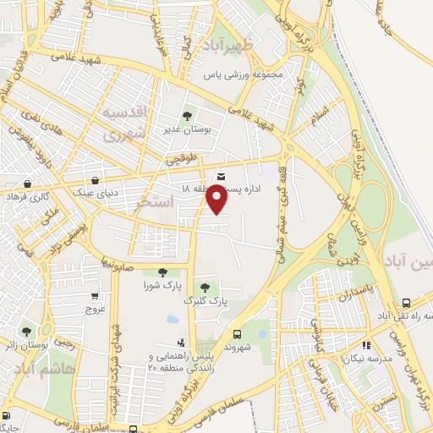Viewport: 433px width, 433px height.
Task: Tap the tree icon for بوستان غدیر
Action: (x=187, y=116)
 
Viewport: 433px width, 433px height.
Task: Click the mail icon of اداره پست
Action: (x=222, y=176)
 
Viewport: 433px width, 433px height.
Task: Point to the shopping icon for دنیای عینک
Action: (x=96, y=181)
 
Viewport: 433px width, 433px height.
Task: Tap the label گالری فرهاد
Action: (x=29, y=196)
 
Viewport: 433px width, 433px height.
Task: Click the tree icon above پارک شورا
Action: (x=162, y=272)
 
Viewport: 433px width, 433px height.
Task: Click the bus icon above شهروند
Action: (x=238, y=334)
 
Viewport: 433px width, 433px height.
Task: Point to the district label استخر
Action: (x=155, y=203)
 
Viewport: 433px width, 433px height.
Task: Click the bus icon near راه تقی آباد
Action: (x=407, y=302)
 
